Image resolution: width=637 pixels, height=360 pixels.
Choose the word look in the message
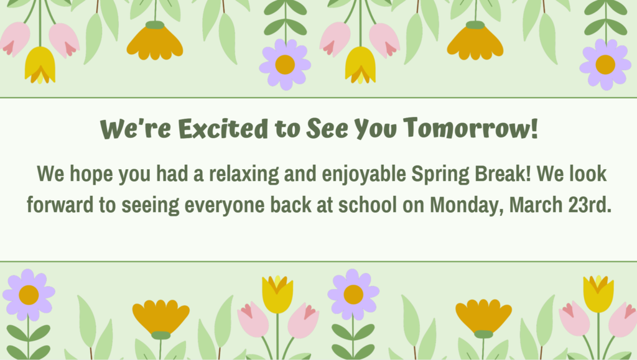point(585,174)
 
